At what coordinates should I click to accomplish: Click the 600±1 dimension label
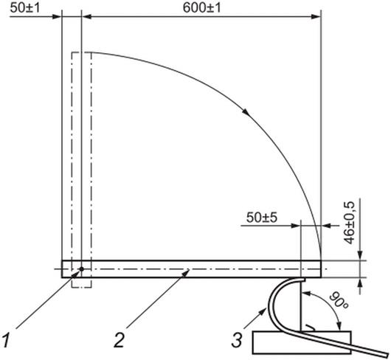[201, 7]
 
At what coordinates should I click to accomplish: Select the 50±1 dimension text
[25, 7]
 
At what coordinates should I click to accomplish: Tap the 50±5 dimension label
[262, 218]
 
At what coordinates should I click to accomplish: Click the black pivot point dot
[82, 269]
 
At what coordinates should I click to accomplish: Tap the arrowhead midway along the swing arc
[246, 112]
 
